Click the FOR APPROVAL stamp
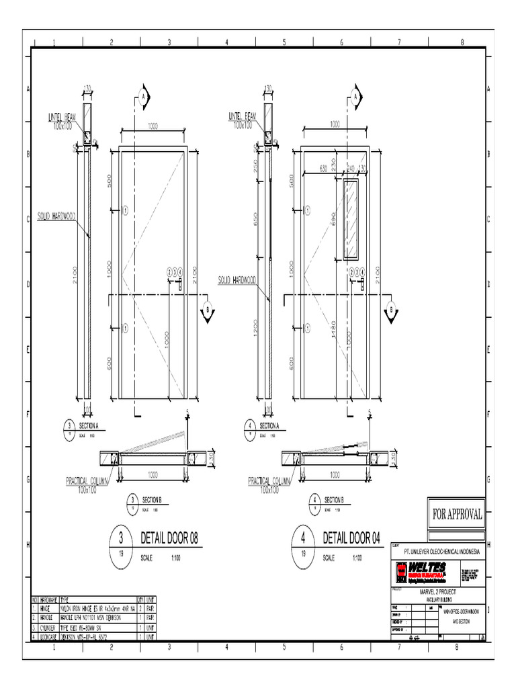click(x=457, y=515)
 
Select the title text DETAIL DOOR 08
click(x=169, y=538)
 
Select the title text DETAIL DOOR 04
click(x=351, y=538)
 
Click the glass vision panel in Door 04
click(x=351, y=220)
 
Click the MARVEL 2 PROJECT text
click(x=437, y=591)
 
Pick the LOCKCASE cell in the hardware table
click(x=48, y=636)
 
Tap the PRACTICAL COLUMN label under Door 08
click(x=89, y=482)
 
